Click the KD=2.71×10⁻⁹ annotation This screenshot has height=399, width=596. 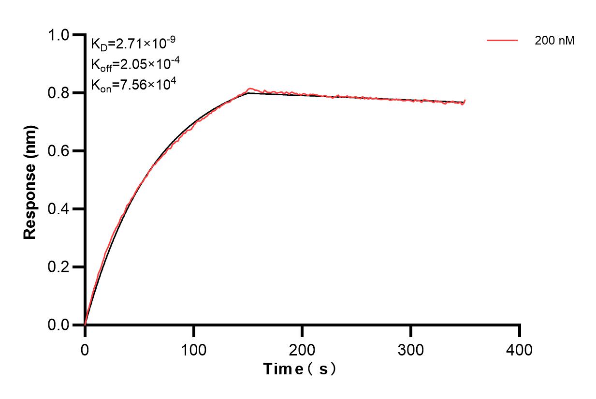point(133,44)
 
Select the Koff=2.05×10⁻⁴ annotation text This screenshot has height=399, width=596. point(133,64)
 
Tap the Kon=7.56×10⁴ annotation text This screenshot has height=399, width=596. point(133,85)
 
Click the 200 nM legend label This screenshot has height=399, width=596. point(554,41)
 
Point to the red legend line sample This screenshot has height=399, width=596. point(502,41)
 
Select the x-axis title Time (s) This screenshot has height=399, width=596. point(300,369)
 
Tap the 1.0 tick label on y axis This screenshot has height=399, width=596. point(59,35)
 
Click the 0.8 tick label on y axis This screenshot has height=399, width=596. point(59,93)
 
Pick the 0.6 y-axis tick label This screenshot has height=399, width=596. point(59,151)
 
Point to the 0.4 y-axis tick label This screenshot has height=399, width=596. point(59,209)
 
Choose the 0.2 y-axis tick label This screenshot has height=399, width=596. point(59,267)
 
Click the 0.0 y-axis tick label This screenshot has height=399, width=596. point(59,325)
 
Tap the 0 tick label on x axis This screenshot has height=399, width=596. point(85,349)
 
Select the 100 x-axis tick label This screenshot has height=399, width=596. point(193,349)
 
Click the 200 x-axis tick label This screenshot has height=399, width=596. point(302,349)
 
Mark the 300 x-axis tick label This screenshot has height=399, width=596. point(411,349)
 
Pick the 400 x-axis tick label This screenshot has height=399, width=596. point(520,349)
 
